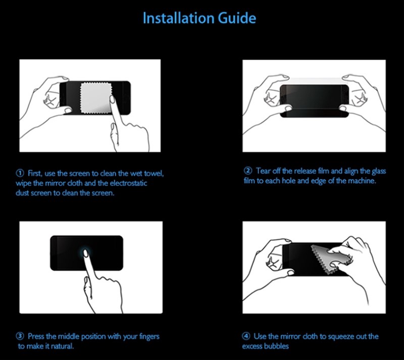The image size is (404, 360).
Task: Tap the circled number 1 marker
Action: (x=21, y=174)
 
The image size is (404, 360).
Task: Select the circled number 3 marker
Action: (x=21, y=336)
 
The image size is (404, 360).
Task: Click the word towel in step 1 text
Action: (x=154, y=174)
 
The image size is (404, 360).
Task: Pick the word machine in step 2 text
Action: (x=363, y=180)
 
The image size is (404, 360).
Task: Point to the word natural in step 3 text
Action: (x=63, y=346)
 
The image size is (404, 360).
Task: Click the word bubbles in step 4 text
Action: (x=277, y=346)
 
